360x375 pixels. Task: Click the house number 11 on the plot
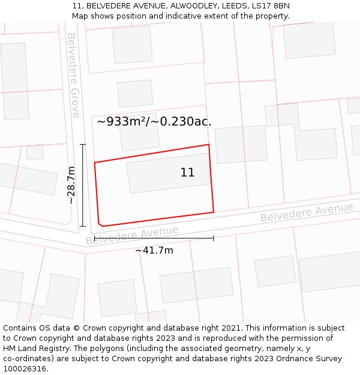[188, 173]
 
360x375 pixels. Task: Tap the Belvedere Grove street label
[73, 75]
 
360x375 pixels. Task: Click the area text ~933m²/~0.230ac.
[154, 122]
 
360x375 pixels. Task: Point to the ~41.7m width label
[154, 250]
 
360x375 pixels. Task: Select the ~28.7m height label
[71, 185]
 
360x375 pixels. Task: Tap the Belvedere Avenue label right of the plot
[307, 212]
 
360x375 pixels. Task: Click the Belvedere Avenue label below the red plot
[132, 235]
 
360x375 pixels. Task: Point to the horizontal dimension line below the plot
[154, 238]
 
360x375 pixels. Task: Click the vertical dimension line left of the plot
[83, 185]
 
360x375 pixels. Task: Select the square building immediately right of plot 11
[241, 144]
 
